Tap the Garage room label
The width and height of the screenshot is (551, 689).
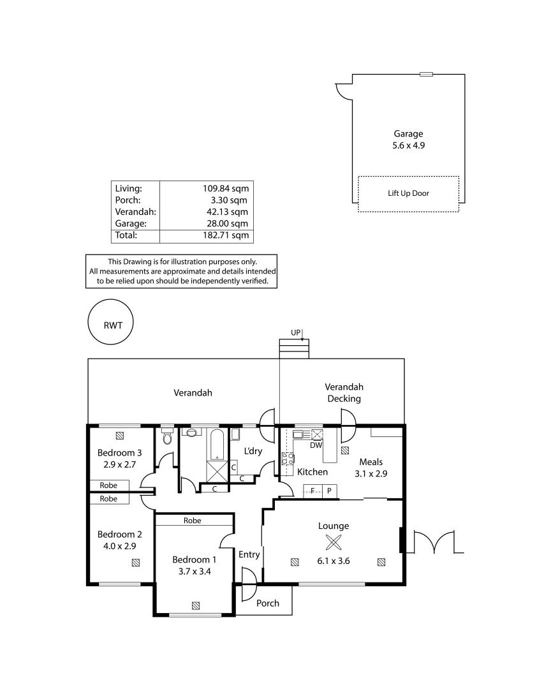pyautogui.click(x=408, y=134)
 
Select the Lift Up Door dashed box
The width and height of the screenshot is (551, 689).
pyautogui.click(x=408, y=193)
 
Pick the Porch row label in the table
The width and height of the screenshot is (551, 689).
pyautogui.click(x=128, y=200)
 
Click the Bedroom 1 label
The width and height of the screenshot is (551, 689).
pyautogui.click(x=195, y=559)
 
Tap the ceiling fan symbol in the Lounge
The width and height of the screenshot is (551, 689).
pyautogui.click(x=333, y=543)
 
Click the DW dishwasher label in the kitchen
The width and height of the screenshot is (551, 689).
pyautogui.click(x=316, y=445)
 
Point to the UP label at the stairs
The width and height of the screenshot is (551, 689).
pyautogui.click(x=295, y=333)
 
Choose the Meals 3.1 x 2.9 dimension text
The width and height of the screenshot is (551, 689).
pyautogui.click(x=371, y=473)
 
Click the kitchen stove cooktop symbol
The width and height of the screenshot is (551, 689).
pyautogui.click(x=287, y=458)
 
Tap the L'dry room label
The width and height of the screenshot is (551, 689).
pyautogui.click(x=253, y=451)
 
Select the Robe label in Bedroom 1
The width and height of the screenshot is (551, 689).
pyautogui.click(x=192, y=521)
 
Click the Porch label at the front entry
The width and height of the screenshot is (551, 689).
pyautogui.click(x=267, y=603)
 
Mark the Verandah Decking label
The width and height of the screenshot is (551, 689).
pyautogui.click(x=344, y=393)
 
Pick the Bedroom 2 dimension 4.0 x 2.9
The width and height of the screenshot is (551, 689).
pyautogui.click(x=119, y=546)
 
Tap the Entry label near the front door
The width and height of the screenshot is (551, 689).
pyautogui.click(x=249, y=554)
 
